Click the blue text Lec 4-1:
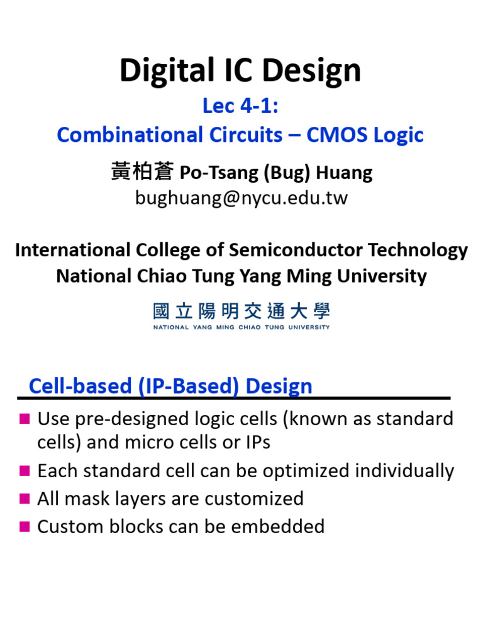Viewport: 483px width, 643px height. [240, 106]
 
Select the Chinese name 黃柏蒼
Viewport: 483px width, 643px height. [143, 171]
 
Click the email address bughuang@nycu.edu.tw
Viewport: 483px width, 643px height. [241, 198]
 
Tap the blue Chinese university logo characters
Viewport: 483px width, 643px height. [241, 311]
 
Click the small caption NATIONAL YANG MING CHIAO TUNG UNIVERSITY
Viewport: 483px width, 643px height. [241, 327]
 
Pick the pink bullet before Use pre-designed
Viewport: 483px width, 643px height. [25, 418]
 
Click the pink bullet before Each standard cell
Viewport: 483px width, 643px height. [25, 470]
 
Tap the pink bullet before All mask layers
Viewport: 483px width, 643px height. [25, 499]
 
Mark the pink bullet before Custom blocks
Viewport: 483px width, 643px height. [25, 526]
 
